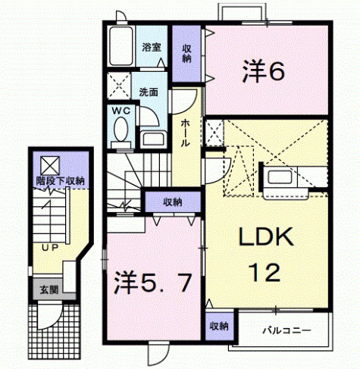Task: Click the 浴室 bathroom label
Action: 152,47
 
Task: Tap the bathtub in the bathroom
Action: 121,46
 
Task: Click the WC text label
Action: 121,111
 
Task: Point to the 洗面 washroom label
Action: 149,92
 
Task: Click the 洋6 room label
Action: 264,70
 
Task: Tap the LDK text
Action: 266,236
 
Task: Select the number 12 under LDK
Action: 265,272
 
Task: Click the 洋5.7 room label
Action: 152,283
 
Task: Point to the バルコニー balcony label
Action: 286,330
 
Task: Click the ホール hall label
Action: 185,133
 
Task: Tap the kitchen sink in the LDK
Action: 280,177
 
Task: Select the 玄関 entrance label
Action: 49,289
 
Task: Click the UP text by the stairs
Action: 50,248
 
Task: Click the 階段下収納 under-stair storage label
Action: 60,181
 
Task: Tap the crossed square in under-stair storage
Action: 50,166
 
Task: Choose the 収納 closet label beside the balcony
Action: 219,326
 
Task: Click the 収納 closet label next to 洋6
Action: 186,54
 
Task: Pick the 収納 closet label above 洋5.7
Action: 173,202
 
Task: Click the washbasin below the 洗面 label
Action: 153,139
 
